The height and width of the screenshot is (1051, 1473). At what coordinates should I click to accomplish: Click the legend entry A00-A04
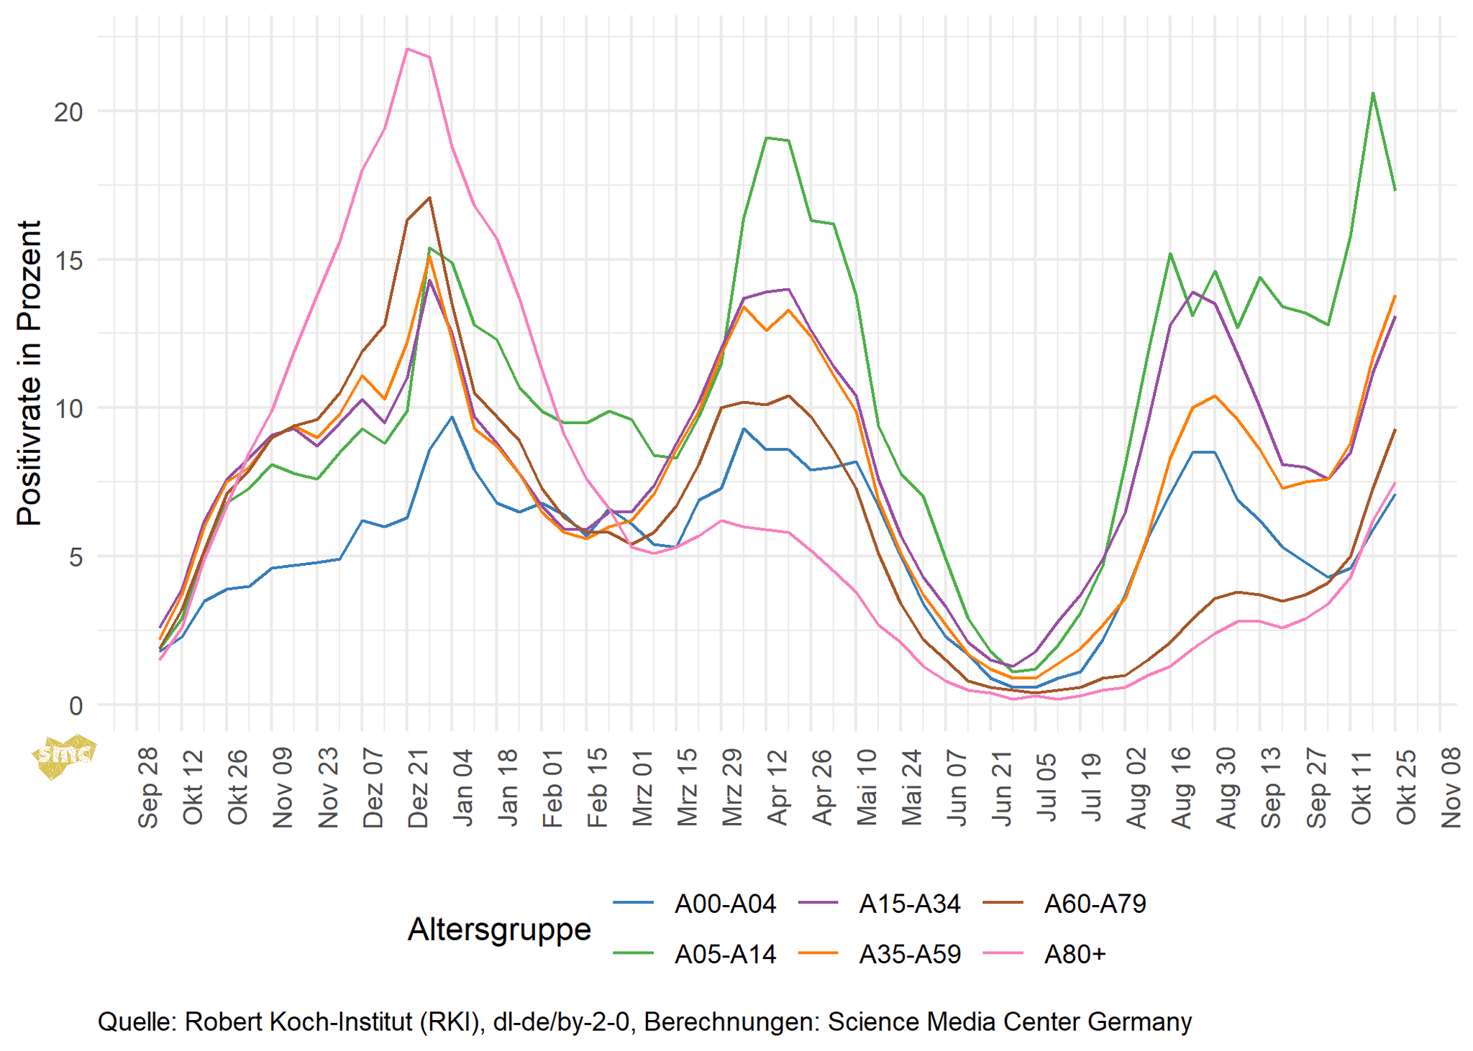(725, 904)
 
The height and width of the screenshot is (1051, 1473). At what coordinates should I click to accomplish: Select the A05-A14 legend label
(725, 955)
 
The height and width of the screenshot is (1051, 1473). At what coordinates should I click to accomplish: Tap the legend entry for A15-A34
(910, 904)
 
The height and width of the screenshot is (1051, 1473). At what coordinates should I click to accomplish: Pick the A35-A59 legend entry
(910, 955)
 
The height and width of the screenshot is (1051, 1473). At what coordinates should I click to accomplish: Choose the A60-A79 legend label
(1095, 904)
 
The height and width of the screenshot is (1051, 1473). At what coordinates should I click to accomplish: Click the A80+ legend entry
(1075, 955)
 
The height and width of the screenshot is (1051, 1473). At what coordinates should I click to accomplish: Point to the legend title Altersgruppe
(499, 930)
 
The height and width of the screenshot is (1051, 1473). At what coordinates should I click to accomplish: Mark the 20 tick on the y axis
(68, 112)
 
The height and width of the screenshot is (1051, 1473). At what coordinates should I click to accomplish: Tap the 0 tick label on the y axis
(76, 705)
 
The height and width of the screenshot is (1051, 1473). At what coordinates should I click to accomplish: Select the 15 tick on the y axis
(68, 260)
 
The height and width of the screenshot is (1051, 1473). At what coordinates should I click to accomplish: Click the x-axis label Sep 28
(148, 788)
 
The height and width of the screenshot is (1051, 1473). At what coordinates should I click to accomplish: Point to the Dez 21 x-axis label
(418, 788)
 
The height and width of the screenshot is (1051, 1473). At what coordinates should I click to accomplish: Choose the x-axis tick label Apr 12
(777, 788)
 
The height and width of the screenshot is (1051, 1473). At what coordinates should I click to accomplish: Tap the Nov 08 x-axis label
(1451, 788)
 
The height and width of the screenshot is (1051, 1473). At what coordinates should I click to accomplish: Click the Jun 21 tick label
(1002, 788)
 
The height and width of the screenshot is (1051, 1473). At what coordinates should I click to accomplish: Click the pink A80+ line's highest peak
(407, 49)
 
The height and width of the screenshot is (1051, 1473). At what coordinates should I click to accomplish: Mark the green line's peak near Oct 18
(1373, 93)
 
